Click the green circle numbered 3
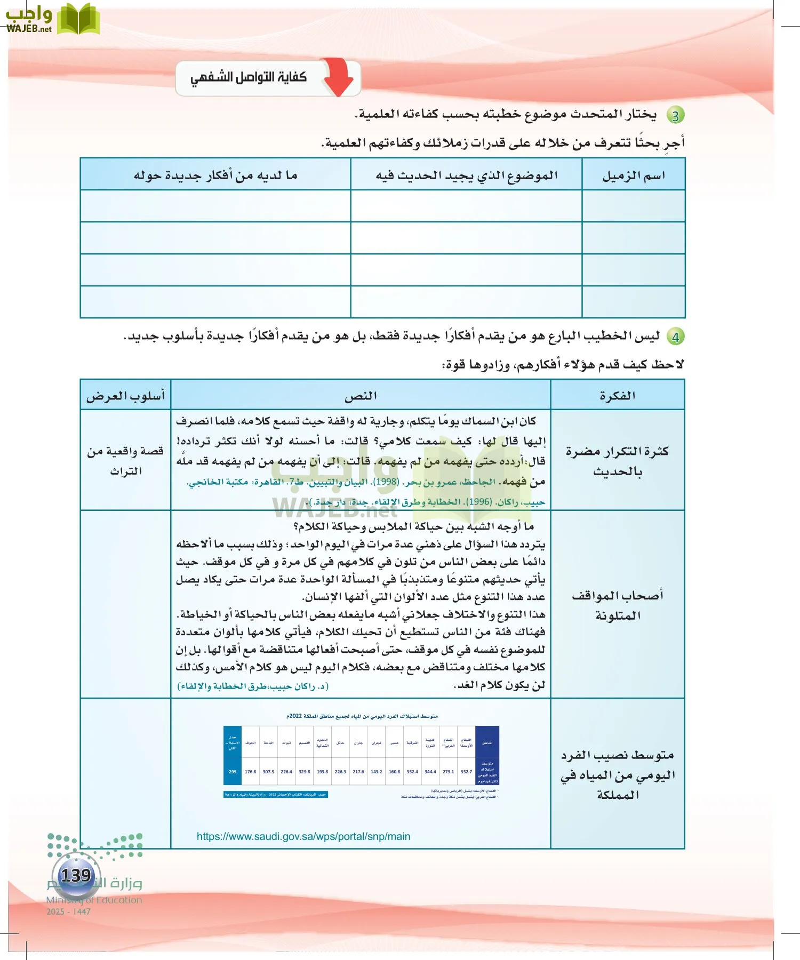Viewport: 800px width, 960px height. coord(676,115)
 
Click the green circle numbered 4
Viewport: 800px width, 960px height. coord(676,337)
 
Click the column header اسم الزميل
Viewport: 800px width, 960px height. coord(634,175)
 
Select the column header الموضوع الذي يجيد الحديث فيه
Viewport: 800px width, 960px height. coord(467,175)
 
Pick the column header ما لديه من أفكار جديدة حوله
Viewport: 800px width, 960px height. coord(215,175)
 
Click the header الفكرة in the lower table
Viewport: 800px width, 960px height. coord(618,396)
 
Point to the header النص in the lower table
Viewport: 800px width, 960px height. coord(361,396)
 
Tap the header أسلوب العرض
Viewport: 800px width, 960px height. coord(126,396)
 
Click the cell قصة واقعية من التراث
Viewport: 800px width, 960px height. coord(126,461)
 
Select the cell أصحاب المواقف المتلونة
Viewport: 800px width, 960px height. coord(618,605)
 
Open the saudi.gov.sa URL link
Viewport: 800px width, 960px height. coord(303,836)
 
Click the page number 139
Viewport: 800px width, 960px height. coord(76,875)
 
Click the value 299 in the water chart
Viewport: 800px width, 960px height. coord(233,772)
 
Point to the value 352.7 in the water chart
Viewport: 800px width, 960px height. coord(466,772)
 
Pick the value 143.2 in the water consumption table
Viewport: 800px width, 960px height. coord(377,772)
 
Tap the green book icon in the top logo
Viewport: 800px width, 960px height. coord(78,19)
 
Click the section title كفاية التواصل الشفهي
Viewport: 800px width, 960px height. coord(249,78)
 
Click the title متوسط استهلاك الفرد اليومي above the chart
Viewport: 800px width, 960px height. coord(362,716)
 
